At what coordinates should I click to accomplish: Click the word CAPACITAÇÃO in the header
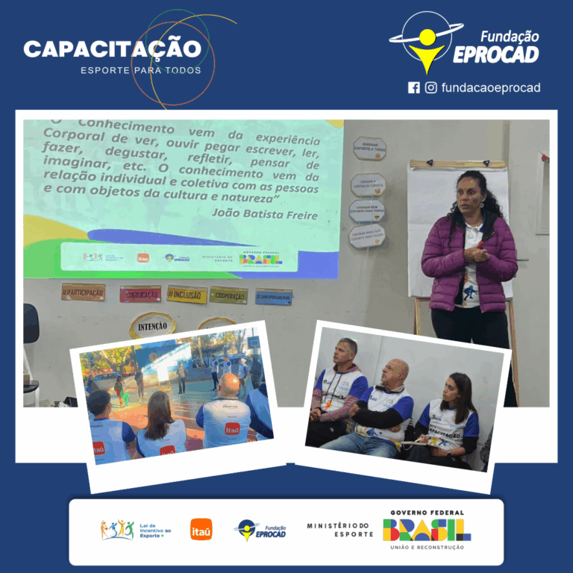(x=112, y=49)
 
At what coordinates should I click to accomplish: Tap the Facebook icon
(x=414, y=87)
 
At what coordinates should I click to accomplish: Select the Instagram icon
(x=431, y=87)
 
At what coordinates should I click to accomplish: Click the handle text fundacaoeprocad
(x=490, y=87)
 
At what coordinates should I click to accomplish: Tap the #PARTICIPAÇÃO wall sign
(x=83, y=291)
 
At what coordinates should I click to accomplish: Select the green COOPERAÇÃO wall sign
(x=228, y=295)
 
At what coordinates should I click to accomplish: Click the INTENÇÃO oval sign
(x=152, y=325)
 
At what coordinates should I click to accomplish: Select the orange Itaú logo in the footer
(x=201, y=529)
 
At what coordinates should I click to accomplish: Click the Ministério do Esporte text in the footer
(x=339, y=530)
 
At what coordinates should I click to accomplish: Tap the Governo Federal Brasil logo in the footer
(x=427, y=530)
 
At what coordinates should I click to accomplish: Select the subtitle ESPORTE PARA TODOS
(x=141, y=70)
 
